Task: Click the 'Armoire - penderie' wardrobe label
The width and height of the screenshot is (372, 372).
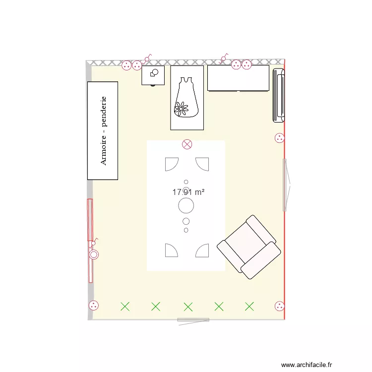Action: [x=103, y=130]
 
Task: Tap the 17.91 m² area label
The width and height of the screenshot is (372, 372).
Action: [x=188, y=192]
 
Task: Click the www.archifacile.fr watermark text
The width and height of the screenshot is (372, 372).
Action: [x=321, y=363]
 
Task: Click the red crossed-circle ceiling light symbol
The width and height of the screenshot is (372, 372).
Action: [x=187, y=144]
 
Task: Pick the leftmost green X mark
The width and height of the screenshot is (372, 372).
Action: [x=125, y=307]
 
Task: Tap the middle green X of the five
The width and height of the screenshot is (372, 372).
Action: [x=187, y=307]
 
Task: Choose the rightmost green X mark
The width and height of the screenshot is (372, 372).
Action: [x=249, y=307]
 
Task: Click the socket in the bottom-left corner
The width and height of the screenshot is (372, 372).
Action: [x=93, y=306]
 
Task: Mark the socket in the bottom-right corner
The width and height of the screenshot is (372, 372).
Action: [x=280, y=306]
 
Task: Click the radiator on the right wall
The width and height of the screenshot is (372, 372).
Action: [x=278, y=95]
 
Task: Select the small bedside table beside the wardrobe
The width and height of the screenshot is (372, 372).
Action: [x=153, y=75]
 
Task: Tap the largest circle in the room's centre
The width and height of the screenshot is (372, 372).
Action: [x=186, y=204]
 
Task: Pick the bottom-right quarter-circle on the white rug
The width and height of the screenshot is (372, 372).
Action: [x=202, y=250]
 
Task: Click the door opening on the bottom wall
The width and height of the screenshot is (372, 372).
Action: [x=193, y=320]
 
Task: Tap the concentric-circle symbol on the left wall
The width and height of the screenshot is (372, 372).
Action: [x=94, y=255]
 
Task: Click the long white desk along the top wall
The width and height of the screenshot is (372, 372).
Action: [x=238, y=78]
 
